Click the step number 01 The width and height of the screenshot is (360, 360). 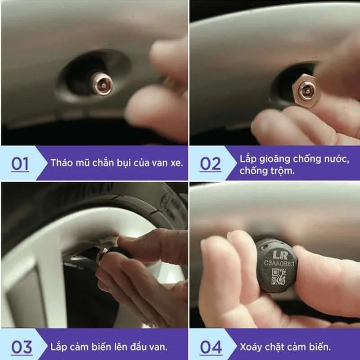point(20,164)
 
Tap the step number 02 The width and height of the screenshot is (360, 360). point(210,164)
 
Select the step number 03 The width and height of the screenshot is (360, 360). point(22,347)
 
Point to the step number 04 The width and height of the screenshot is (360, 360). point(211,347)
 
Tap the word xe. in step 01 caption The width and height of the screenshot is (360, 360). point(177,163)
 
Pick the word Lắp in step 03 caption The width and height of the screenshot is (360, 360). point(58,346)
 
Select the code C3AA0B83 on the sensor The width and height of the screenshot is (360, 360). point(279,263)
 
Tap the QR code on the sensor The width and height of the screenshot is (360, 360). point(279,277)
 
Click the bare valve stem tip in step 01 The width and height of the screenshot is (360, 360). point(103,84)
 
